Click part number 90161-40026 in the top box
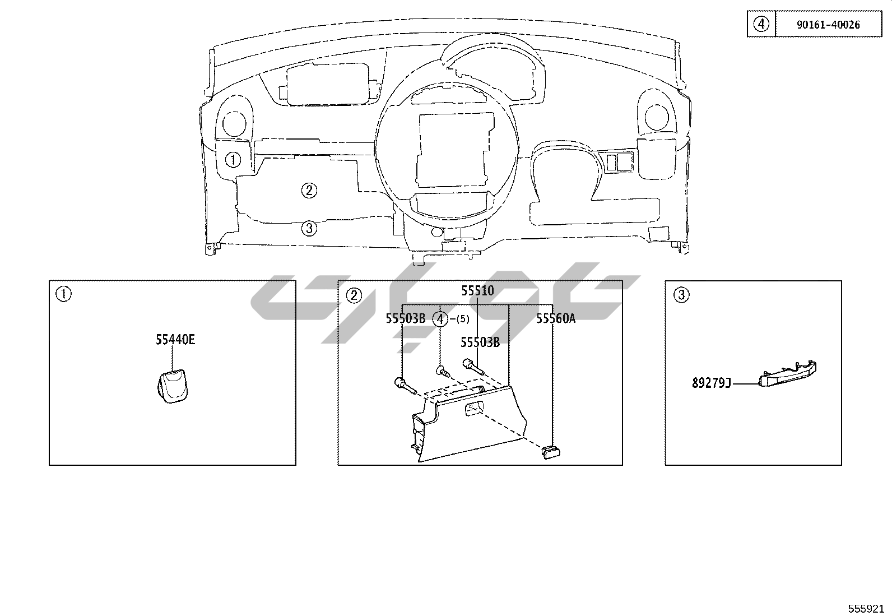click(828, 25)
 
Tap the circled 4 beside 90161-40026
click(761, 24)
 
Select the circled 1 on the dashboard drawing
click(233, 160)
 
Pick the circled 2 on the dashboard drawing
click(309, 191)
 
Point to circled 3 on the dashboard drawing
click(309, 228)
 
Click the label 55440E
click(175, 340)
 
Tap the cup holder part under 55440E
click(173, 386)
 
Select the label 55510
click(477, 291)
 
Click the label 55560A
click(555, 318)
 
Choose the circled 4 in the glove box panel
click(440, 319)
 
